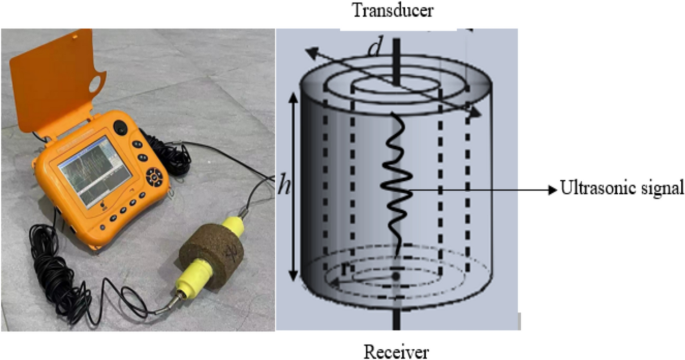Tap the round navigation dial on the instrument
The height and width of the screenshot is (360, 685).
[x=155, y=181]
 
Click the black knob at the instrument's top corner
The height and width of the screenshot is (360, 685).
[x=121, y=128]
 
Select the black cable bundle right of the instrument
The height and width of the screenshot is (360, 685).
[x=181, y=158]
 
